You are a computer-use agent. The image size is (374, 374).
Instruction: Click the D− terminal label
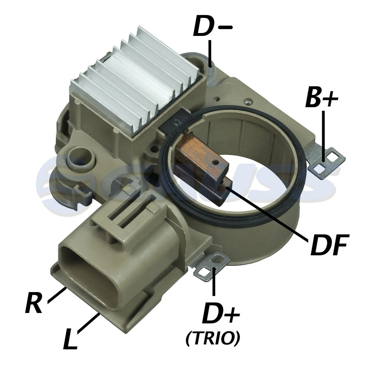click(x=212, y=26)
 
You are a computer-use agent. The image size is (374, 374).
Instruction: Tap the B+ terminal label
click(x=321, y=97)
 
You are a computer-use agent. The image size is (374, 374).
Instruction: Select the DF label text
click(x=329, y=244)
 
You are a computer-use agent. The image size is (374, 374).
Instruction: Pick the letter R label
click(x=34, y=303)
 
